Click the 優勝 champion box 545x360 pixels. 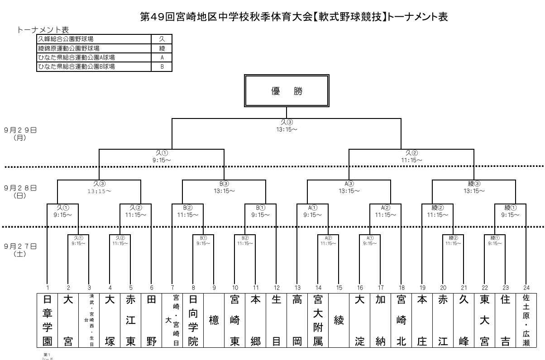[x=286, y=91]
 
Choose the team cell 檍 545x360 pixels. [x=214, y=321]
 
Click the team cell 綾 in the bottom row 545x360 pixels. [x=339, y=321]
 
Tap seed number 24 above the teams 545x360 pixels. [x=526, y=288]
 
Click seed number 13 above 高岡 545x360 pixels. [x=297, y=288]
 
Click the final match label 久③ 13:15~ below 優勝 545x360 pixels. [x=287, y=126]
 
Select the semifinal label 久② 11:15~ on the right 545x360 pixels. [x=411, y=156]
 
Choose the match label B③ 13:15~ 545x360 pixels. [x=225, y=188]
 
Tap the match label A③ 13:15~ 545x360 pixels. [x=349, y=188]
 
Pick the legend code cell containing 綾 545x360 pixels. [x=162, y=48]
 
